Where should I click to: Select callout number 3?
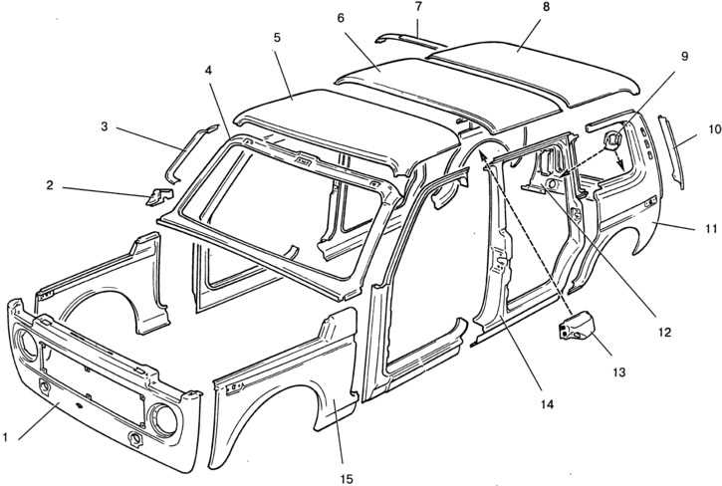(x=104, y=126)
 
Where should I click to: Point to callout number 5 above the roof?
(x=276, y=37)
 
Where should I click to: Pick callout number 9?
(x=685, y=57)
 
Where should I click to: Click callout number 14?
(x=547, y=404)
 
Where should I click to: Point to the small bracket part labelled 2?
(x=155, y=195)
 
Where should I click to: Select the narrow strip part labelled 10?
(x=674, y=150)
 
